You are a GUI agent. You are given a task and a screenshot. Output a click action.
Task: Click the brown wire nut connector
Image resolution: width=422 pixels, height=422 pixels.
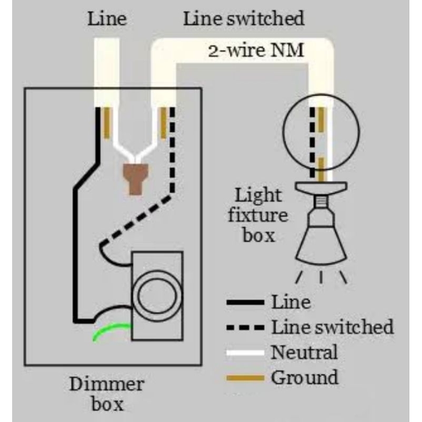point(137,177)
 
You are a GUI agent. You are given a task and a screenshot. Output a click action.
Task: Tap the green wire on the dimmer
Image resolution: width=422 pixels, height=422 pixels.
point(111,331)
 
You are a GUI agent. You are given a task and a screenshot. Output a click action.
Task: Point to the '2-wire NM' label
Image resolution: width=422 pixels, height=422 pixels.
point(256,52)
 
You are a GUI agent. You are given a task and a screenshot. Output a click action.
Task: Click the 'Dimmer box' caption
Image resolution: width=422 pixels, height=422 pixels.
point(107,394)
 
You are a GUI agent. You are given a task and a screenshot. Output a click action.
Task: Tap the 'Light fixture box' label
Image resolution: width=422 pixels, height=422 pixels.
point(258,215)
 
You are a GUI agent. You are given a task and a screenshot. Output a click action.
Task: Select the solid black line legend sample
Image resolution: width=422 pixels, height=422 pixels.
point(245,302)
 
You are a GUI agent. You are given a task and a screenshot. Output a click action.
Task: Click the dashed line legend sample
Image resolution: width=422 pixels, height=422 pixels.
point(245,328)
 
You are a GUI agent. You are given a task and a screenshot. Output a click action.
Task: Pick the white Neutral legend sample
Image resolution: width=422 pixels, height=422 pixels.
point(245,352)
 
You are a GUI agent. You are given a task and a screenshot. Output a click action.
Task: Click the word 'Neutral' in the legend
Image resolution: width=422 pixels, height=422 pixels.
point(304,352)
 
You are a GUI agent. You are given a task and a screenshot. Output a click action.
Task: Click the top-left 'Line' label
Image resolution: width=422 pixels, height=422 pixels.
point(107,20)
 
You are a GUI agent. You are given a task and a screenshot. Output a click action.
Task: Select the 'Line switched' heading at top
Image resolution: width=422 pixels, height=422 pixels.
point(244,20)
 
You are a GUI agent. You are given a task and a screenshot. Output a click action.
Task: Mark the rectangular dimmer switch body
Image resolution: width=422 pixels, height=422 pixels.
point(157,296)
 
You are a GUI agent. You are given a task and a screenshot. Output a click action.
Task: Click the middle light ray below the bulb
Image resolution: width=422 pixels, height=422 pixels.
point(321,277)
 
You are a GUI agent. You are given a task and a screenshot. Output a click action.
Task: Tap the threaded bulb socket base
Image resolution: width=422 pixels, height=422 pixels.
point(321,200)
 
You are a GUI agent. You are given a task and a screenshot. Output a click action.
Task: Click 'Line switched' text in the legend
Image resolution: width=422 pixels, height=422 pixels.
point(332,327)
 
